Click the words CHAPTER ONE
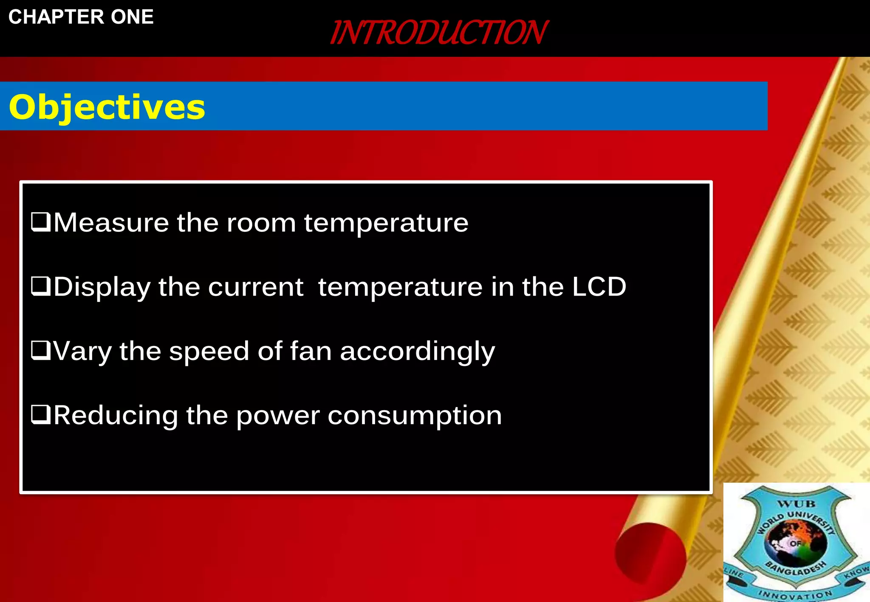pyautogui.click(x=81, y=17)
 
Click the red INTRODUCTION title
pyautogui.click(x=438, y=33)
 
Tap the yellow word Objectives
pyautogui.click(x=107, y=107)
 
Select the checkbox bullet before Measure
pyautogui.click(x=41, y=222)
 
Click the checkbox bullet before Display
pyautogui.click(x=41, y=287)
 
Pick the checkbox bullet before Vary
pyautogui.click(x=41, y=351)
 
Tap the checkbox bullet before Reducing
pyautogui.click(x=41, y=415)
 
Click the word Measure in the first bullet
pyautogui.click(x=111, y=222)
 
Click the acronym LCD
pyautogui.click(x=599, y=287)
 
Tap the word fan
pyautogui.click(x=311, y=351)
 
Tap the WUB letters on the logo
pyautogui.click(x=796, y=504)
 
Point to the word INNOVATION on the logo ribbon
pyautogui.click(x=795, y=594)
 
